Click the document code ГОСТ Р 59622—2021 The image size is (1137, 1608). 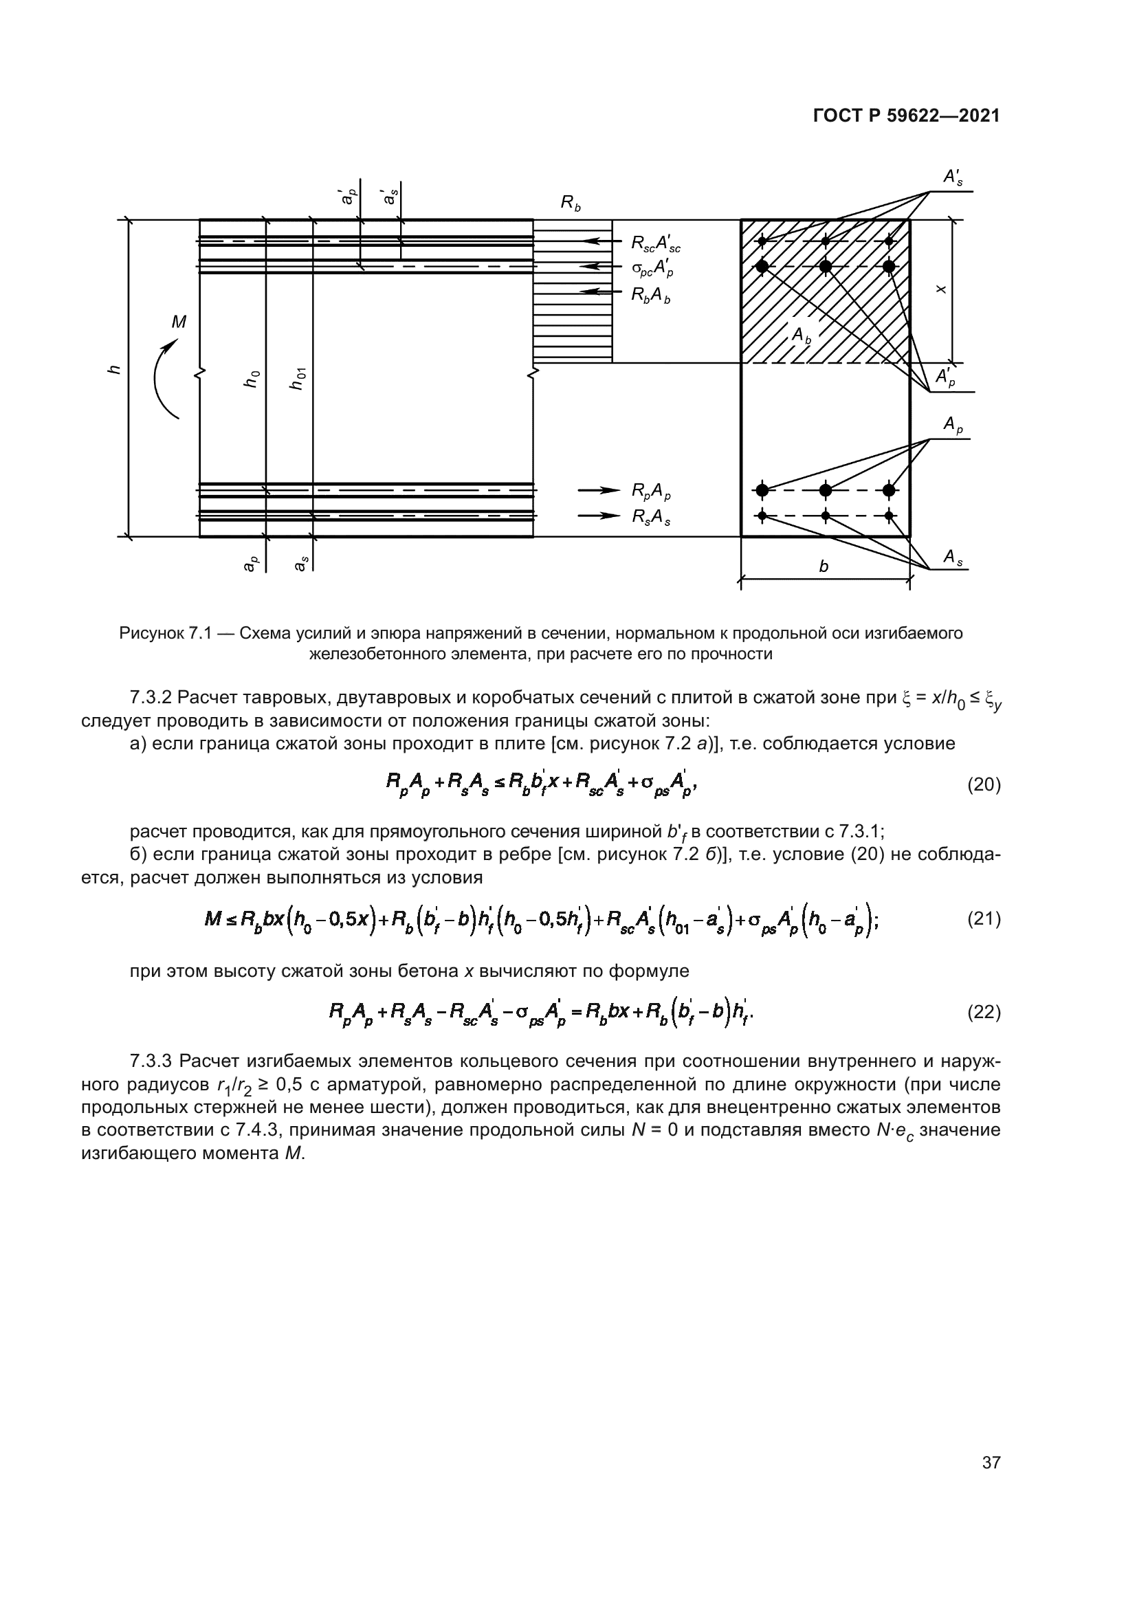[906, 116]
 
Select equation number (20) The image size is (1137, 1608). [984, 784]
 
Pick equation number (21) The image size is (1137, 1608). [984, 919]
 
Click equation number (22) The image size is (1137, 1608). [984, 1012]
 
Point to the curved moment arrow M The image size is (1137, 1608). [165, 378]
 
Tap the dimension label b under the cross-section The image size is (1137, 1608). [824, 566]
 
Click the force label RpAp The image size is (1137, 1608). [650, 492]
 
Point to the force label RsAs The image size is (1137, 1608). [650, 517]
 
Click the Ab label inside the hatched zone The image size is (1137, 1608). [801, 335]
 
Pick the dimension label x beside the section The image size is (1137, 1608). [942, 289]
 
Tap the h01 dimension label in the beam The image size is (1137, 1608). [298, 378]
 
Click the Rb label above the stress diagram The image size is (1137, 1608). [571, 203]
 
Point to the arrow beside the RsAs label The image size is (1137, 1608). [599, 516]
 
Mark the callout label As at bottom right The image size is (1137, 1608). [952, 557]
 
